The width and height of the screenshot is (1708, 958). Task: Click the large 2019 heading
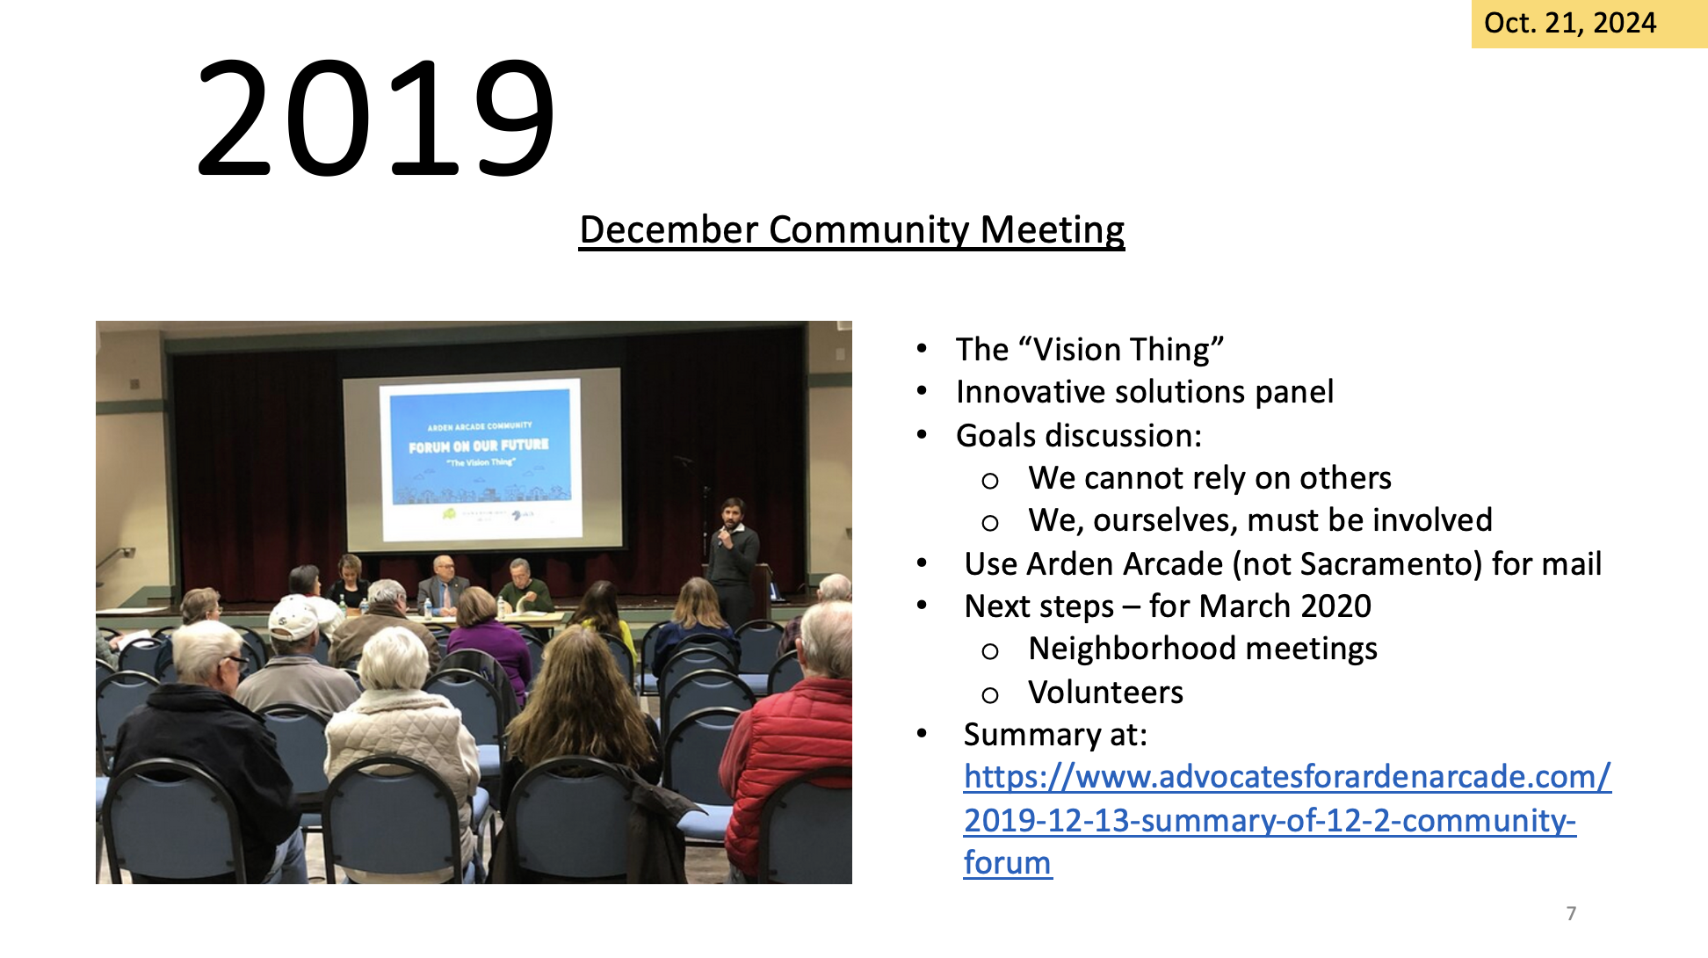click(376, 116)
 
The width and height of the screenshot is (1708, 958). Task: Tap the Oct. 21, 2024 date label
click(1570, 23)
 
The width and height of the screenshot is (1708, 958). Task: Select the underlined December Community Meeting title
click(852, 230)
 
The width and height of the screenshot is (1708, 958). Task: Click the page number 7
click(1571, 913)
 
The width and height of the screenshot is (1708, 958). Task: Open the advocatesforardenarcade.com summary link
click(1287, 819)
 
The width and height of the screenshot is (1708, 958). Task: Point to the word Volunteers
click(1105, 693)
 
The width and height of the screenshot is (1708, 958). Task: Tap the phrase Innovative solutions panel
click(1144, 392)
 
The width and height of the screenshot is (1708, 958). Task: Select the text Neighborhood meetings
click(1203, 649)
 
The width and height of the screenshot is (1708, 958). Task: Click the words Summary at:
click(1055, 735)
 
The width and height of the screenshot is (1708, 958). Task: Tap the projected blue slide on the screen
click(480, 447)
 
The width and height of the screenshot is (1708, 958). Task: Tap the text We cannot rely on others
click(1210, 478)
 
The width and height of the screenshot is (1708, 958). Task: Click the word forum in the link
click(1007, 863)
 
